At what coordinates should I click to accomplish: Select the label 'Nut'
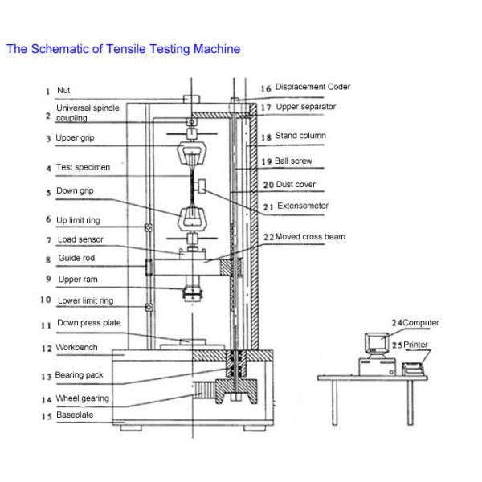pos(63,92)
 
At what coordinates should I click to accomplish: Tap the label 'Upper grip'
pos(78,137)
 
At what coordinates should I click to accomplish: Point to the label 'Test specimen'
pos(83,168)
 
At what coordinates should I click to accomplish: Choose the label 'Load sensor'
pos(80,239)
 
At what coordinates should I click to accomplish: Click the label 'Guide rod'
pos(76,259)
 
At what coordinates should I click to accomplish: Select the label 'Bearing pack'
pos(82,375)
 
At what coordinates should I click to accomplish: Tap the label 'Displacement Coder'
pos(312,87)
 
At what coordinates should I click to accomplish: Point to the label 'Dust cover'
pos(296,184)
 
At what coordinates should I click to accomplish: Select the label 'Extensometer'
pos(302,206)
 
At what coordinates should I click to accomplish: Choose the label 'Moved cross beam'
pos(312,237)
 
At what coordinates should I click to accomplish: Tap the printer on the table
pos(412,369)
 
